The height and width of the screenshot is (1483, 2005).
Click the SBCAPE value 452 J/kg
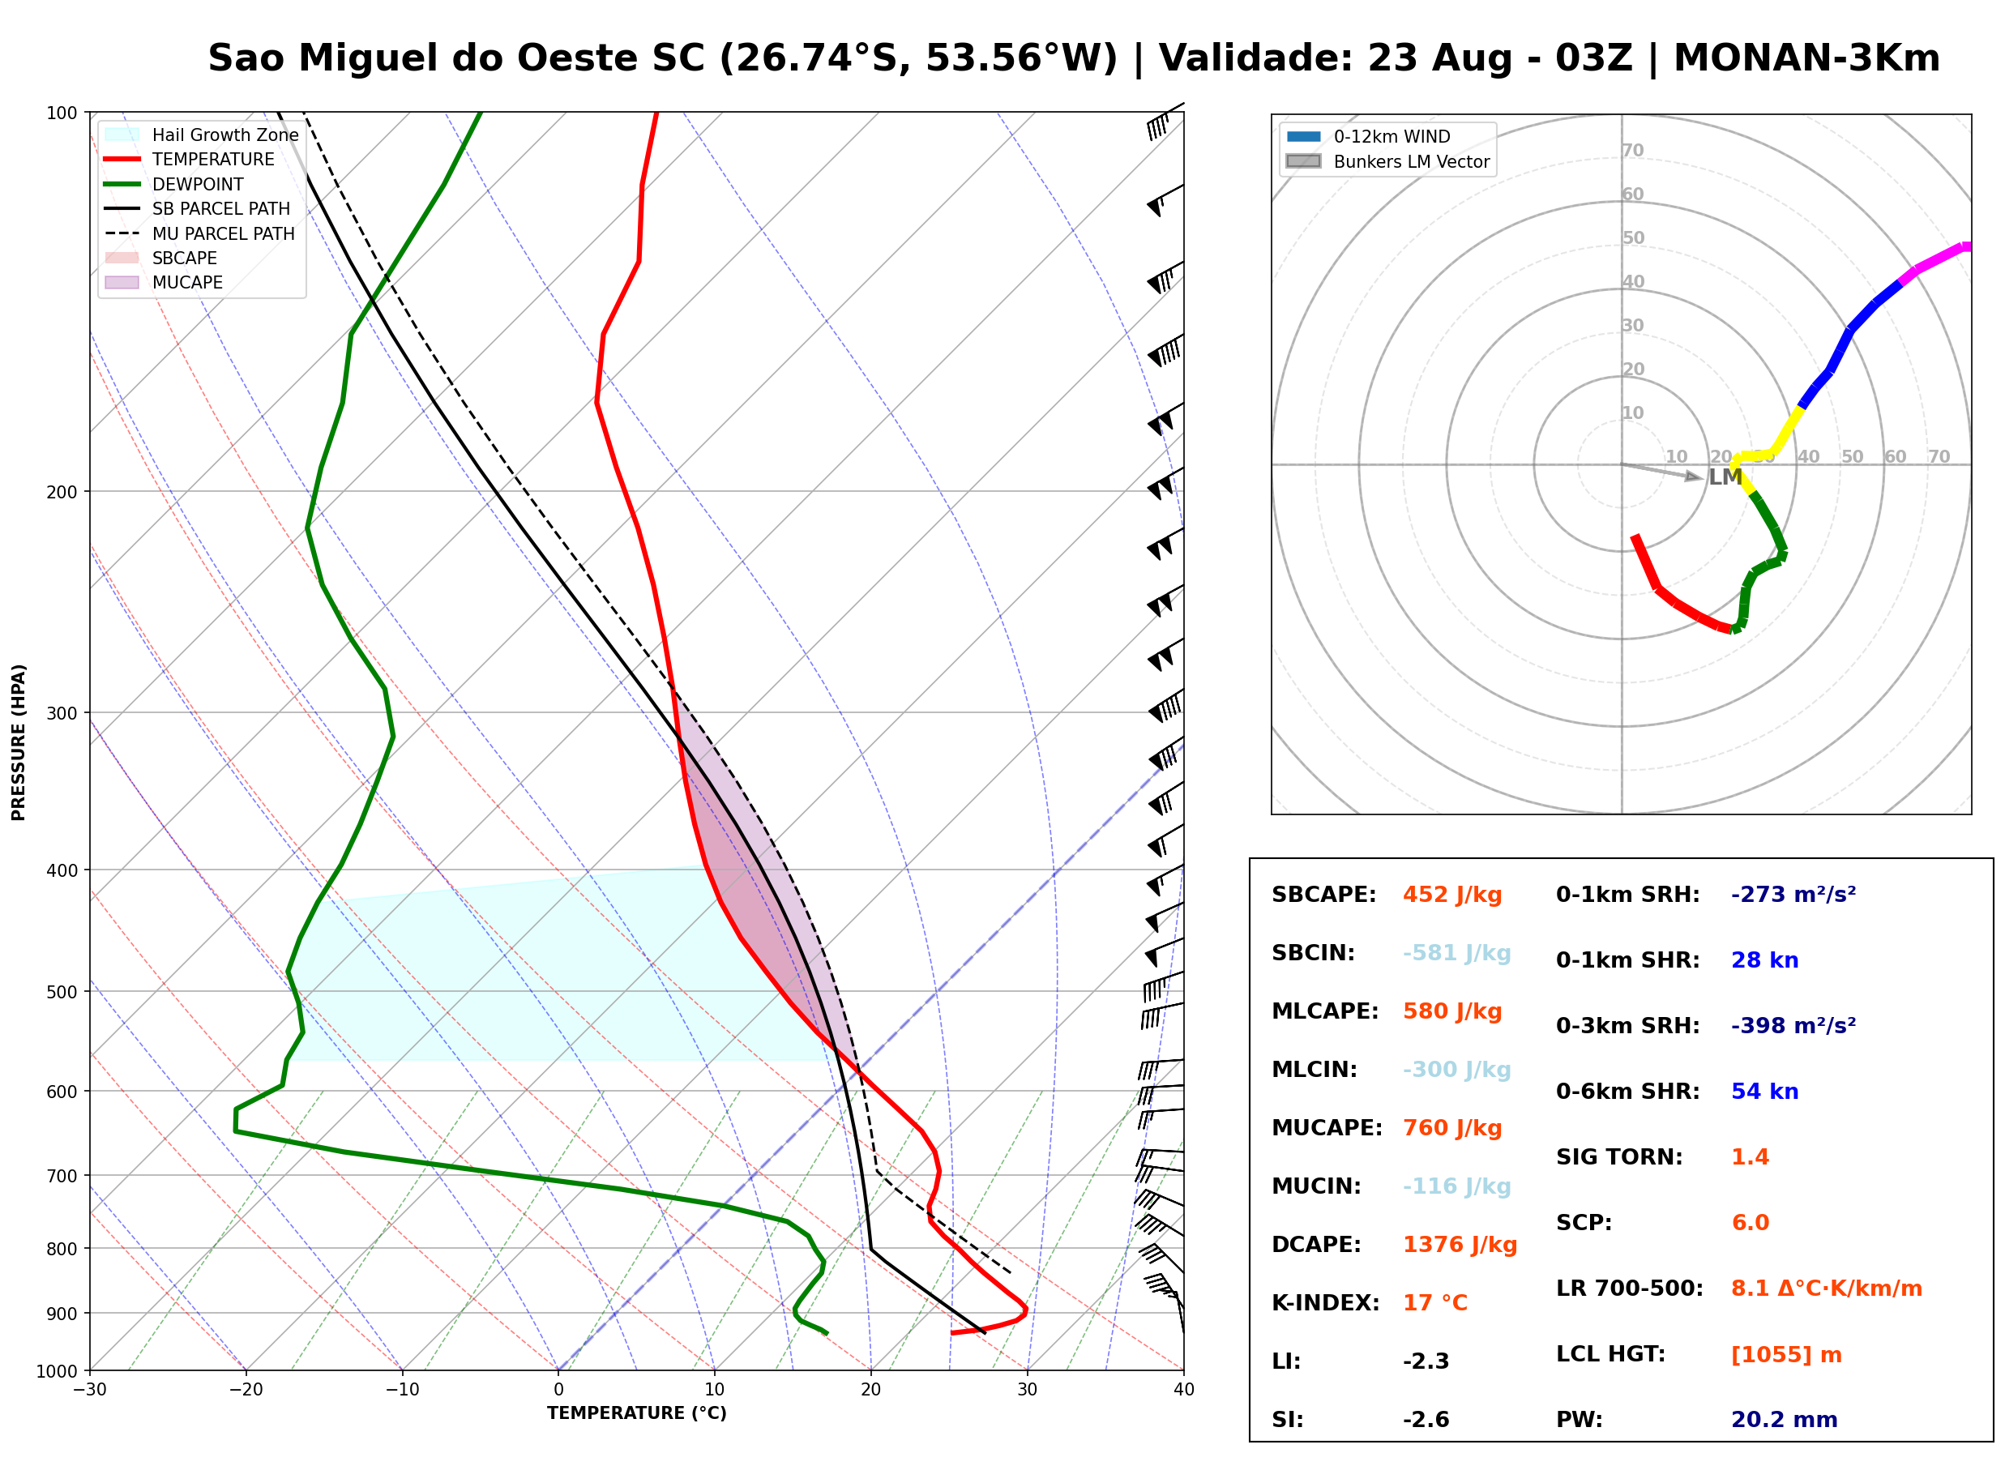tap(1452, 895)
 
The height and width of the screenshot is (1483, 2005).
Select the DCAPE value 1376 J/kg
tap(1460, 1245)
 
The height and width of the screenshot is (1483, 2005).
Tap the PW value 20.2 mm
tap(1785, 1420)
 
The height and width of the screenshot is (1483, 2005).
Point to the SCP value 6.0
tap(1750, 1223)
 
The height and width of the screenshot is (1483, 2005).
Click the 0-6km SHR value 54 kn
tap(1764, 1092)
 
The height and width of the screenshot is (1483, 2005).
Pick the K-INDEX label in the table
tap(1326, 1303)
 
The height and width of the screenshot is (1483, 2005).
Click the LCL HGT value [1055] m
tap(1786, 1355)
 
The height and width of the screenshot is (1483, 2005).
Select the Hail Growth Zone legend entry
tap(202, 135)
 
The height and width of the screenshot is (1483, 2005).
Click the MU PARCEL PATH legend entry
tap(200, 233)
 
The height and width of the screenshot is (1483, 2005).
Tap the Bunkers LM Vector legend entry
tap(1387, 161)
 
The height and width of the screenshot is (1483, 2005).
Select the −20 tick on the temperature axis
tap(246, 1390)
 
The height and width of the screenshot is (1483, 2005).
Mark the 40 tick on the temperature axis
tap(1184, 1390)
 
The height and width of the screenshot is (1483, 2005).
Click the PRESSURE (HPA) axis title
tap(19, 742)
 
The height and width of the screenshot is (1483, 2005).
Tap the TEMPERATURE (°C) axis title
tap(637, 1413)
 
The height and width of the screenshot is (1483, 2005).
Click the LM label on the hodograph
tap(1725, 477)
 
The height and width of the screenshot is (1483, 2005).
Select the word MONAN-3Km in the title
tap(1806, 58)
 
